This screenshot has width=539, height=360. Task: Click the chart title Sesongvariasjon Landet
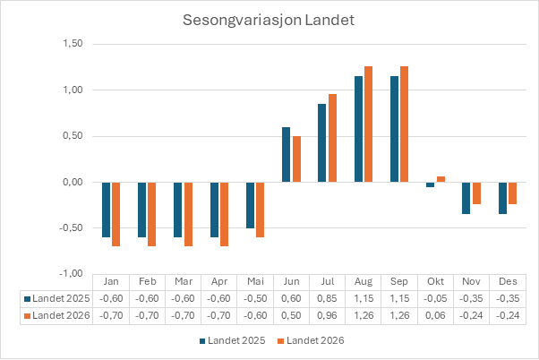(269, 19)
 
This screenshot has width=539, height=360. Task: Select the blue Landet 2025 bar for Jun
(287, 155)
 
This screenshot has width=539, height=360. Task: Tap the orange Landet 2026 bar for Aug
(368, 124)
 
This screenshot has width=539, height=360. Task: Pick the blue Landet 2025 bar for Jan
(106, 210)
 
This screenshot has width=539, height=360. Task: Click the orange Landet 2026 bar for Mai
(260, 210)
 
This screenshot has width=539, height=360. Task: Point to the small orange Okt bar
(441, 179)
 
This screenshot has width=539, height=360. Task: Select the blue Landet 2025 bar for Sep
(394, 129)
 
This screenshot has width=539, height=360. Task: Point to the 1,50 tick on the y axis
(72, 44)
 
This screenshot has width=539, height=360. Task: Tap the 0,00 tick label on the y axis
(72, 182)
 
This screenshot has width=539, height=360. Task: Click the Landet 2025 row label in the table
(57, 298)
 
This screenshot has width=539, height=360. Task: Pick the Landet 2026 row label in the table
(57, 315)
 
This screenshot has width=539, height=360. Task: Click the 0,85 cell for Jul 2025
(328, 298)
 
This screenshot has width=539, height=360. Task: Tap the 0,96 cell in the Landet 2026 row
(328, 315)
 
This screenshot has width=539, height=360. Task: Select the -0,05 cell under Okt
(435, 298)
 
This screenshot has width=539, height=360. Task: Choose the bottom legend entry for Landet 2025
(234, 340)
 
